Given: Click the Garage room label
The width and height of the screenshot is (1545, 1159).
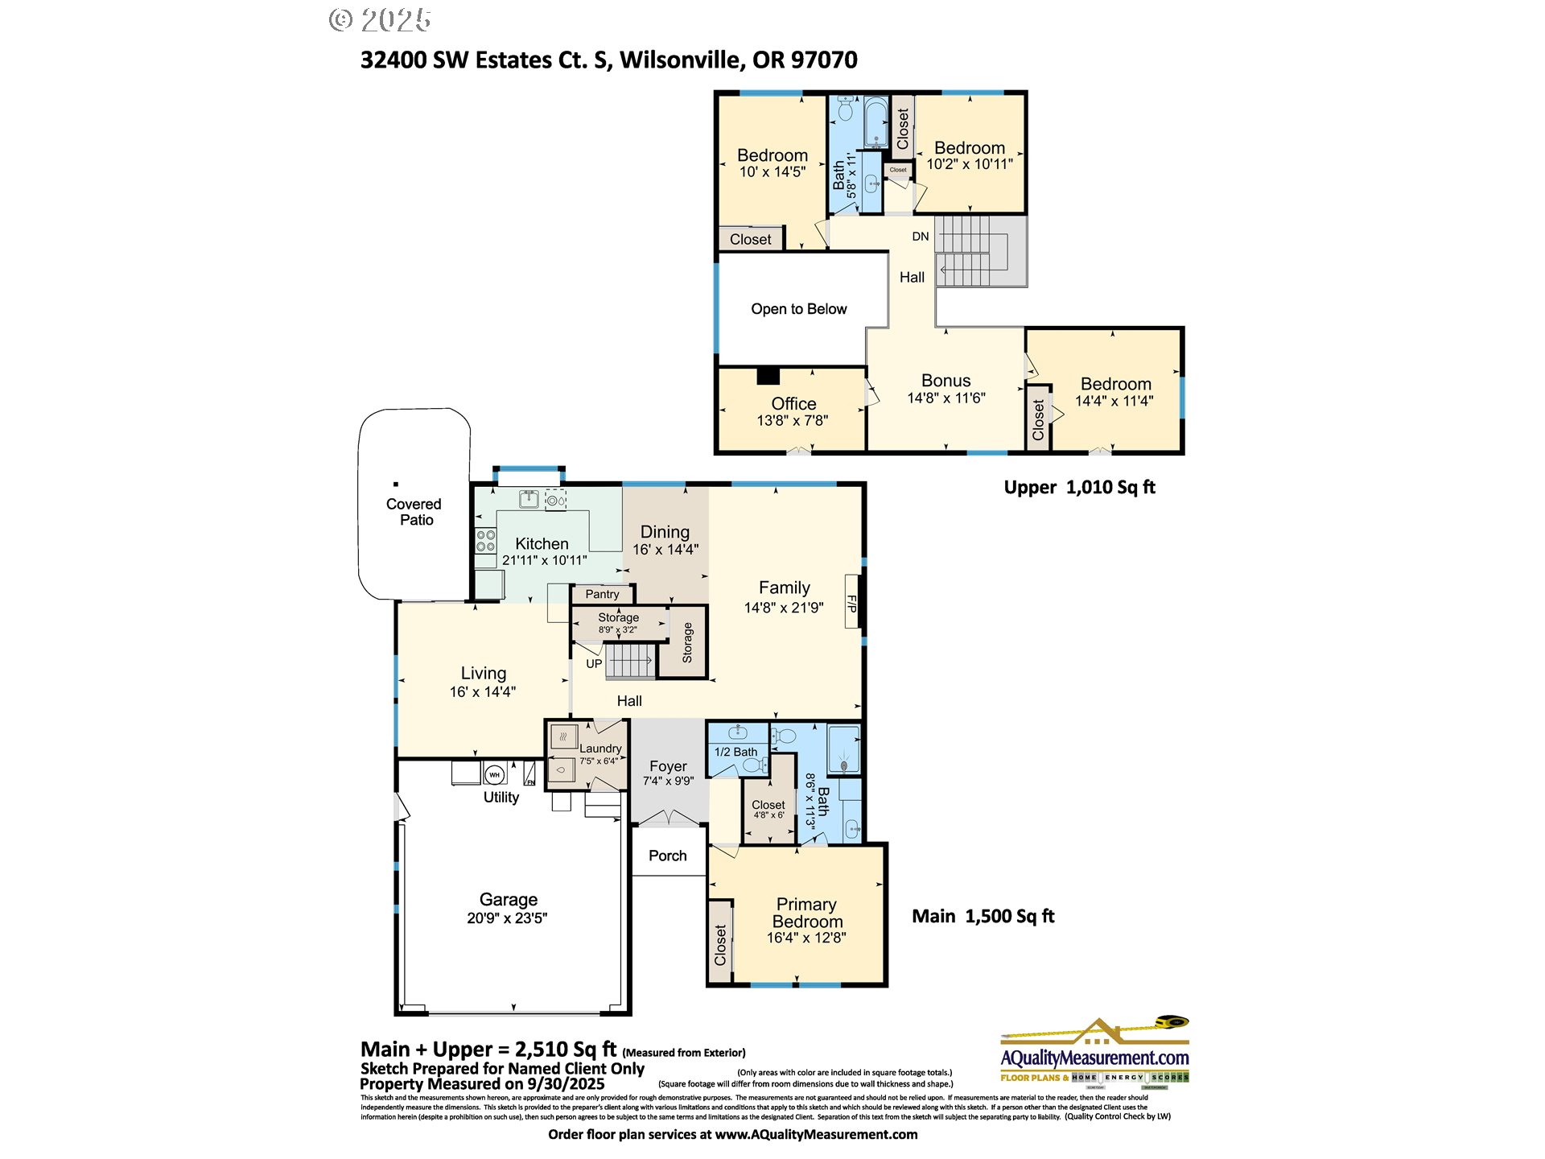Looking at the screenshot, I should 508,900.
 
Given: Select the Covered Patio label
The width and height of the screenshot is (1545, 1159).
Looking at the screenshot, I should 414,512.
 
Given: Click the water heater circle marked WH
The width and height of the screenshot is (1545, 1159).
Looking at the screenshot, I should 494,775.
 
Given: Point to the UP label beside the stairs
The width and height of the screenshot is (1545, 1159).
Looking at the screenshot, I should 594,664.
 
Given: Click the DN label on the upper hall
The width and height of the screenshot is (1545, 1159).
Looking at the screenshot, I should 920,237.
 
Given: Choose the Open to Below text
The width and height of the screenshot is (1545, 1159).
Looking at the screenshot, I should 798,309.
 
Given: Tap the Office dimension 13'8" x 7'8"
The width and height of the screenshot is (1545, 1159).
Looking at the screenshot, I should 792,420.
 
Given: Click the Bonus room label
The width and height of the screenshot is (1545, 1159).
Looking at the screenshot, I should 946,381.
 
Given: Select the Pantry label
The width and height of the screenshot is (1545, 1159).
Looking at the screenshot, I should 602,594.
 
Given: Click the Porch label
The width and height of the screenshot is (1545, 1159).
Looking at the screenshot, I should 667,856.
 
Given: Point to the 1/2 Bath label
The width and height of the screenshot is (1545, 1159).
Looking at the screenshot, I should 735,752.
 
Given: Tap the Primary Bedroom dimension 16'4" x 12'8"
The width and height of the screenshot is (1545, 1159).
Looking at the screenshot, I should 806,938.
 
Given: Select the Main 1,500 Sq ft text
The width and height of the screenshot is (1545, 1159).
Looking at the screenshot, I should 983,916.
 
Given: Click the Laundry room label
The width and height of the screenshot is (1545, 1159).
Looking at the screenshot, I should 600,749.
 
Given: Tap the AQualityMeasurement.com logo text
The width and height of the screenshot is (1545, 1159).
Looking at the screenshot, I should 1094,1057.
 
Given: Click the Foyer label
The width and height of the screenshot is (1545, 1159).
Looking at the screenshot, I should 668,766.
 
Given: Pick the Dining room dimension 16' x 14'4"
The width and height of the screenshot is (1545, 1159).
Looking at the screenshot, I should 665,550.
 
